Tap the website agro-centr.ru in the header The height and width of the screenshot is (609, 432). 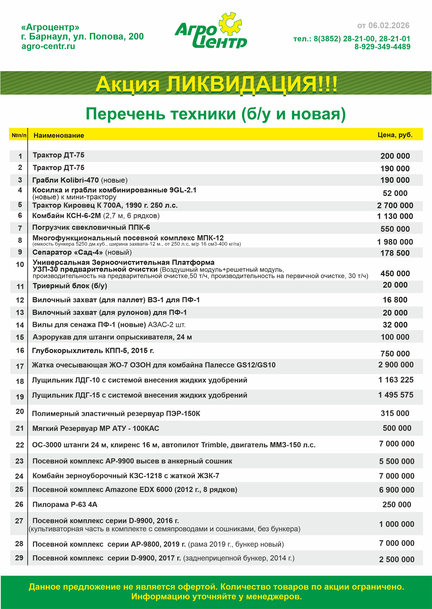pyautogui.click(x=48, y=46)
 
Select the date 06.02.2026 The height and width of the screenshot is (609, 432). pyautogui.click(x=389, y=26)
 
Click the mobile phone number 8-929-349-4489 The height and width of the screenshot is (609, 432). pyautogui.click(x=382, y=47)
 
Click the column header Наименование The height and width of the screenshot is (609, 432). pyautogui.click(x=59, y=136)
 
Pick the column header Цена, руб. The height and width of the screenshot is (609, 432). pyautogui.click(x=395, y=135)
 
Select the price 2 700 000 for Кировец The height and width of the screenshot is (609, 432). pyautogui.click(x=395, y=205)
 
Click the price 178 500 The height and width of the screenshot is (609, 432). pyautogui.click(x=395, y=253)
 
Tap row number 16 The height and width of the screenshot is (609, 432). pyautogui.click(x=20, y=351)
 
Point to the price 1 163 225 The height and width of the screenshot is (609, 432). pyautogui.click(x=396, y=380)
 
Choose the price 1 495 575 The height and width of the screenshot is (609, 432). pyautogui.click(x=396, y=395)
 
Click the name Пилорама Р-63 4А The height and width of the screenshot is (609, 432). pyautogui.click(x=65, y=505)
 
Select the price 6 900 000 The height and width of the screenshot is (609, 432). pyautogui.click(x=397, y=490)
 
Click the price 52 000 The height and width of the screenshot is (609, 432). pyautogui.click(x=395, y=193)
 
